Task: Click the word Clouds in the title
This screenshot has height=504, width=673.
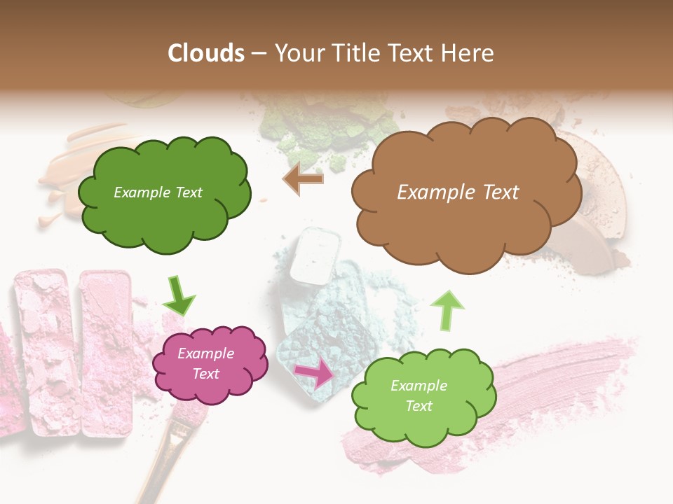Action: click(206, 52)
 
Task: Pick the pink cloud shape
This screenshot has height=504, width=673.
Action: click(210, 364)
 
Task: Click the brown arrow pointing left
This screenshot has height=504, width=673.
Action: click(303, 178)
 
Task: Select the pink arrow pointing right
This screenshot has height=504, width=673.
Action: click(315, 373)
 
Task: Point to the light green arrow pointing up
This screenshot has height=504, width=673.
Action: click(447, 310)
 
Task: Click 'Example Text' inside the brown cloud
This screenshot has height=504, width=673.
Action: click(458, 192)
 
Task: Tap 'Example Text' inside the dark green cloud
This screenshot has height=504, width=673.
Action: click(158, 192)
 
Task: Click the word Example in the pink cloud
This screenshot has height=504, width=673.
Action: click(205, 353)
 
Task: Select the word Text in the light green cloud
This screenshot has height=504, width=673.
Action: click(419, 406)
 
